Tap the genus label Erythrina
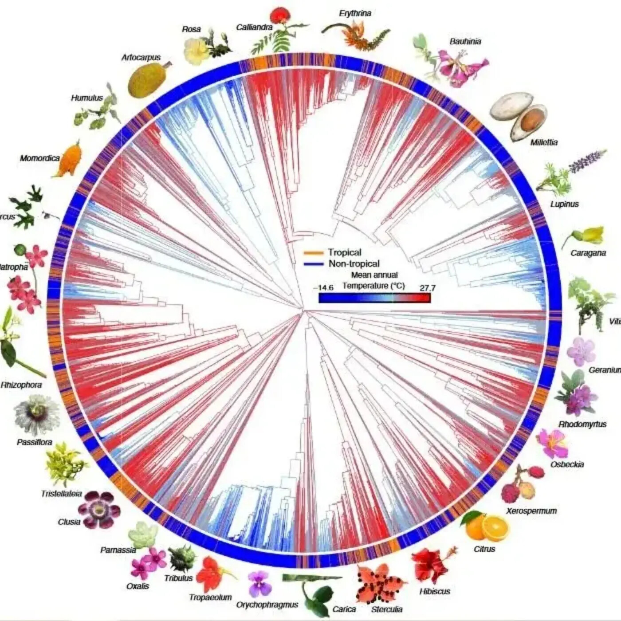[x=355, y=13]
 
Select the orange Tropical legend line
[x=313, y=253]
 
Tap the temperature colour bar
[x=374, y=298]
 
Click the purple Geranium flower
[x=581, y=351]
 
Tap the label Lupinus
[x=564, y=204]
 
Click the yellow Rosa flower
[x=195, y=51]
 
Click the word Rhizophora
[x=21, y=385]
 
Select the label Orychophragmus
[x=267, y=605]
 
